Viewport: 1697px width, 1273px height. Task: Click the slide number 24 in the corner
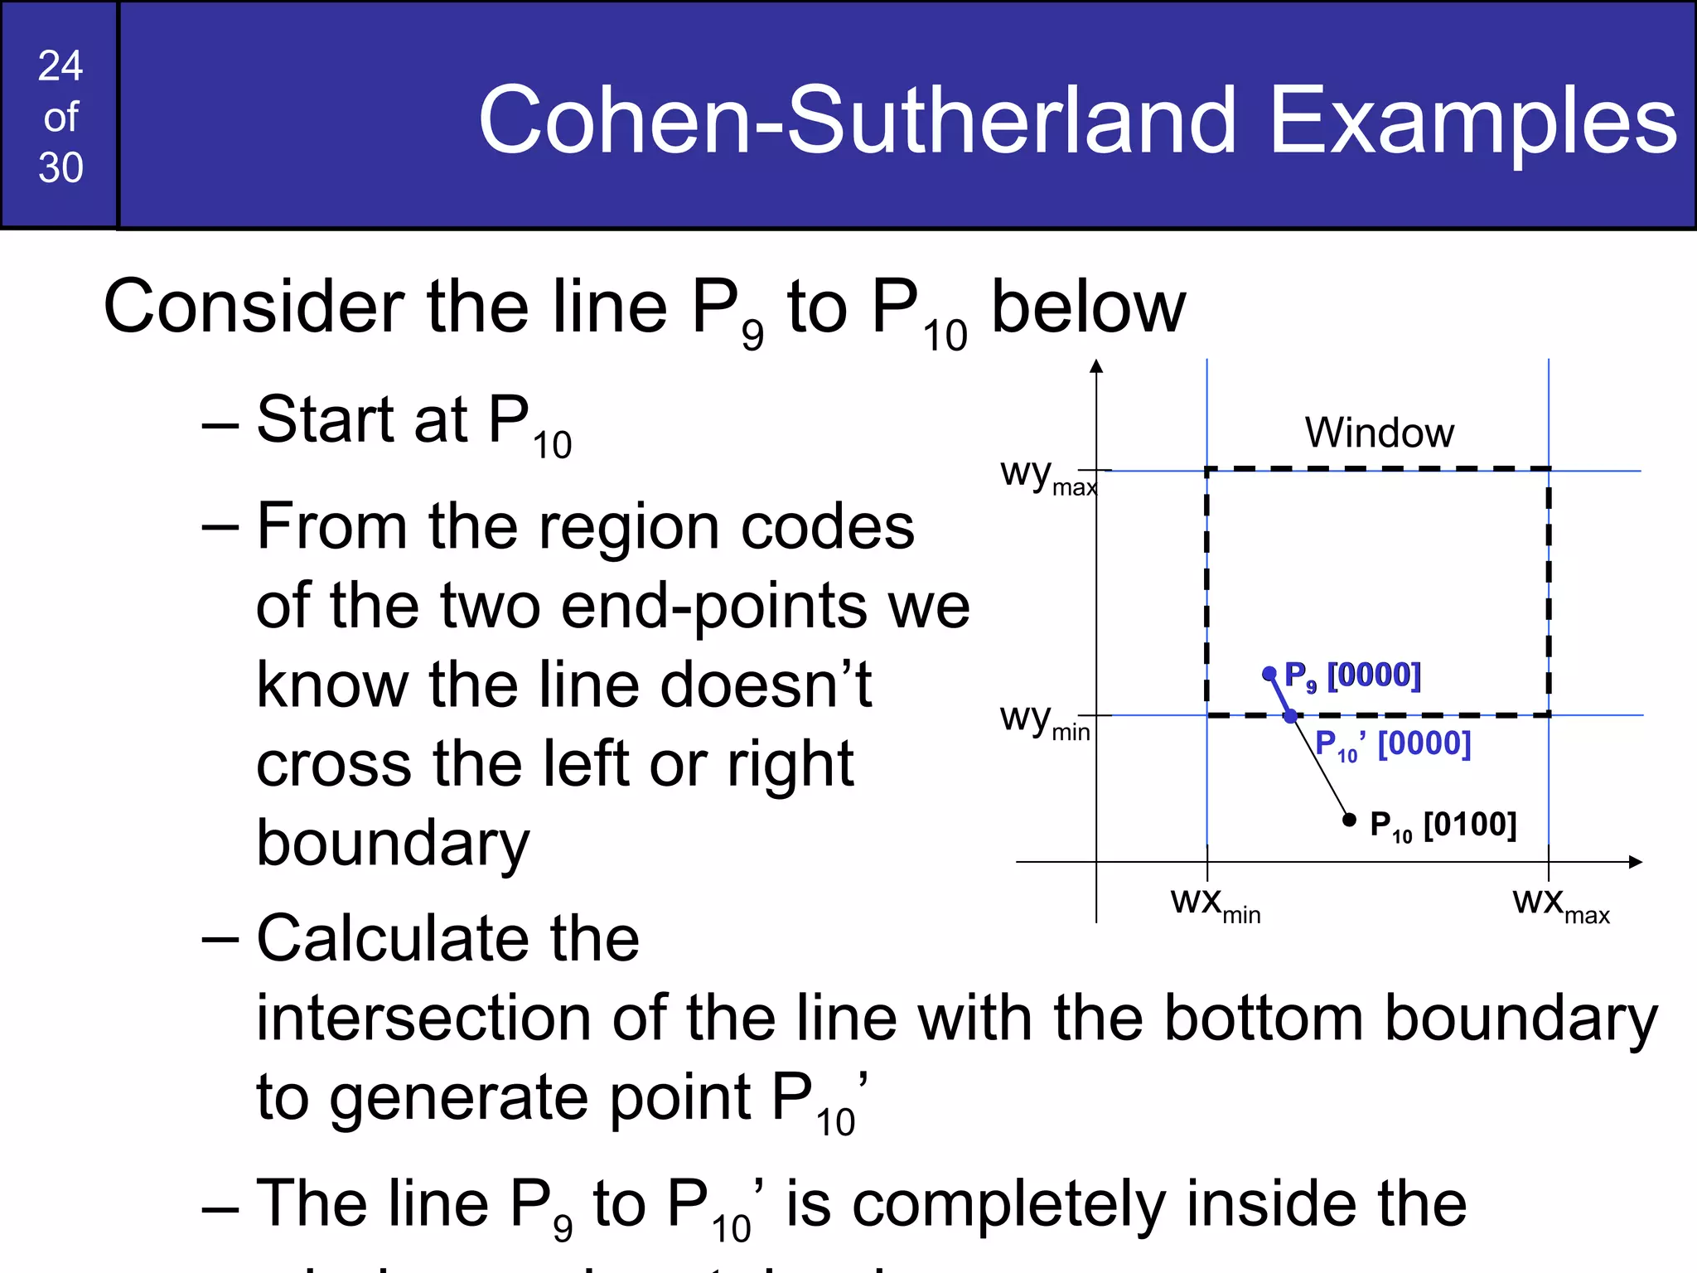(x=60, y=66)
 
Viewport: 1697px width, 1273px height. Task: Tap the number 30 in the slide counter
(x=60, y=168)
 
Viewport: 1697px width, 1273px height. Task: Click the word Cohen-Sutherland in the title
(x=858, y=121)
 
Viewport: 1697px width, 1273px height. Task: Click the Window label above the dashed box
(x=1379, y=433)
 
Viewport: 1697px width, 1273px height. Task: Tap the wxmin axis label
(x=1215, y=904)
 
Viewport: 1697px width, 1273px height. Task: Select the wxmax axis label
(x=1560, y=904)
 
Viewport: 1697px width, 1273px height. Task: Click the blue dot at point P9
(x=1269, y=674)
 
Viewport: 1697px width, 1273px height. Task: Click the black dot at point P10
(x=1349, y=820)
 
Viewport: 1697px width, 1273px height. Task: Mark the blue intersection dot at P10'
(x=1290, y=716)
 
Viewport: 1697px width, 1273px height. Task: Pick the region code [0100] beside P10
(x=1470, y=825)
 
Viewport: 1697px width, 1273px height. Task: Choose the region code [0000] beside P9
(x=1374, y=675)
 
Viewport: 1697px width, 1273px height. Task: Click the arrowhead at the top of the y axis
(x=1096, y=366)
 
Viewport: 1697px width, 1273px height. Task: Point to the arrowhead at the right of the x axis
(x=1635, y=862)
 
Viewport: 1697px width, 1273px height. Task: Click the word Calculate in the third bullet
(x=447, y=938)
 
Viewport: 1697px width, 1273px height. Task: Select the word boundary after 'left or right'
(x=393, y=844)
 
